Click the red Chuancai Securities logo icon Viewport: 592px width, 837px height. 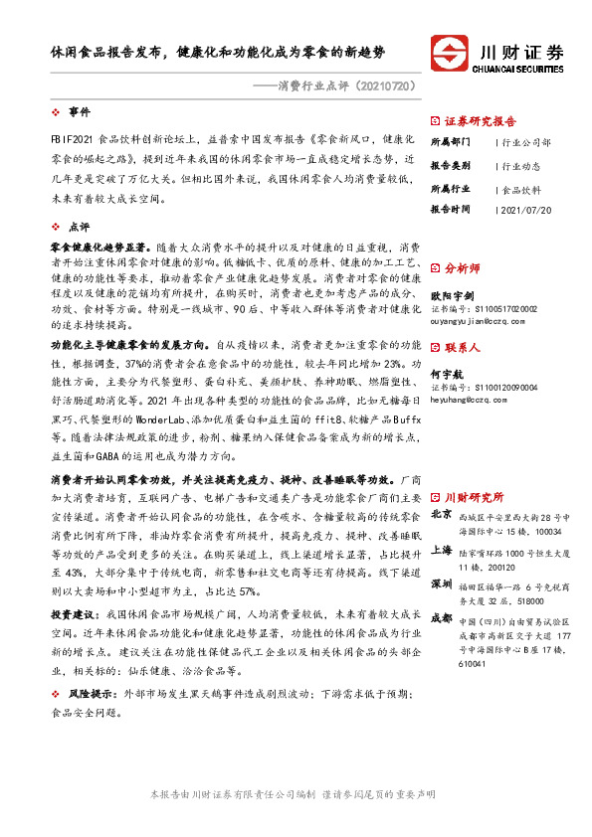(x=450, y=53)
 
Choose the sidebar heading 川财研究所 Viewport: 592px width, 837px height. (x=474, y=497)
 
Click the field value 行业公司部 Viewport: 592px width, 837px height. (x=526, y=142)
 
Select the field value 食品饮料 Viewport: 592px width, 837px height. (x=522, y=188)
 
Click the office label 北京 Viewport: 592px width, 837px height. (x=443, y=515)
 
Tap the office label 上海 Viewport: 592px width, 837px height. (x=443, y=550)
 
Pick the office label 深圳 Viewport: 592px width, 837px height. (x=443, y=585)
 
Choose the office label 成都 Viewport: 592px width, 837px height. (x=443, y=619)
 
